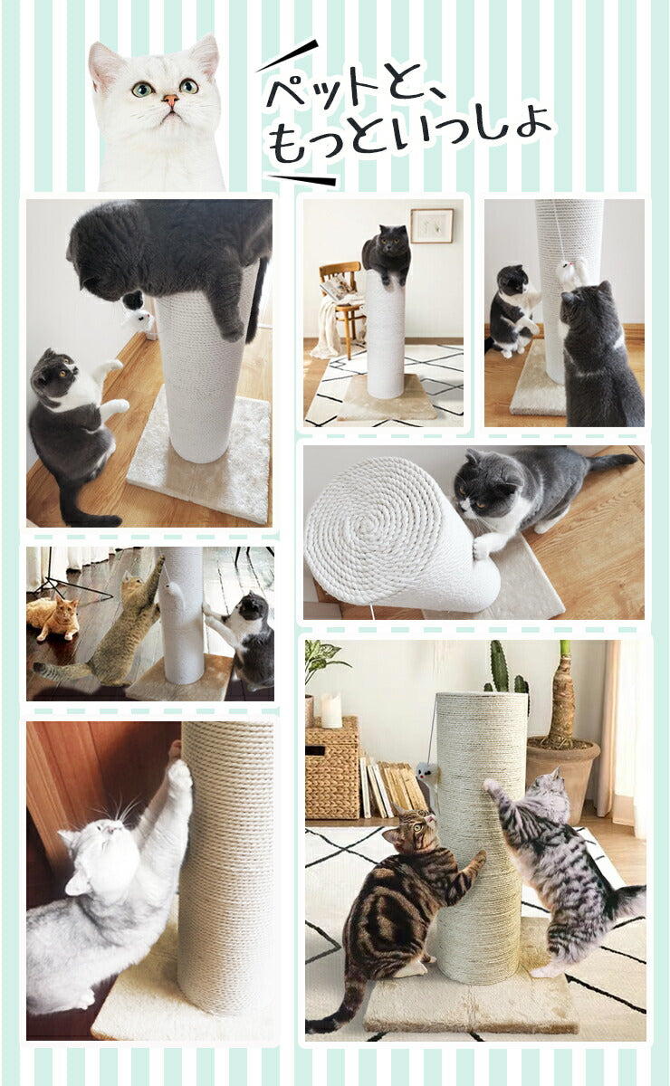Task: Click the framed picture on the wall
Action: click(x=432, y=225)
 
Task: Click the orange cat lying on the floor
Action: click(x=53, y=617)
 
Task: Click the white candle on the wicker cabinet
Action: click(x=331, y=711)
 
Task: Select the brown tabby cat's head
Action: click(x=412, y=831)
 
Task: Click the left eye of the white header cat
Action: click(x=143, y=89)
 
